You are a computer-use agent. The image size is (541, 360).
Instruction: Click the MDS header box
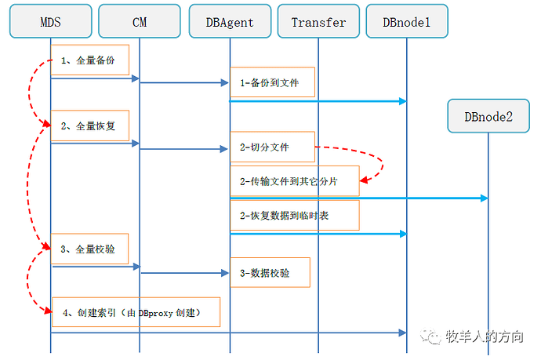pos(50,22)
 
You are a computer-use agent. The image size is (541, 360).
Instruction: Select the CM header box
pos(140,22)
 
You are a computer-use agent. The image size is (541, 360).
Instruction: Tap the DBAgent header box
pos(229,22)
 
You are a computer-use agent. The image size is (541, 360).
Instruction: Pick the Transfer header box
pos(318,22)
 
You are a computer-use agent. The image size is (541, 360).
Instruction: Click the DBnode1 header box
pos(406,22)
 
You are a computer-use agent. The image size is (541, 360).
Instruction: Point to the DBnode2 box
pos(488,116)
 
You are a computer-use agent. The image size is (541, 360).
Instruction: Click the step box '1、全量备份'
pos(89,60)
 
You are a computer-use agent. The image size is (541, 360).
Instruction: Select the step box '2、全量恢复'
pos(89,125)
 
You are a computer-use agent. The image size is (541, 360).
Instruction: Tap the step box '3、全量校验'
pos(89,249)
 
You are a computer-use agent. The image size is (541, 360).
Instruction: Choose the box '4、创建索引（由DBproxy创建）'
pos(136,312)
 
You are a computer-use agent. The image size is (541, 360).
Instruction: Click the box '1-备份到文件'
pos(272,82)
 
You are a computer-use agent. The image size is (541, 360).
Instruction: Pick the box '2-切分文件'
pos(272,147)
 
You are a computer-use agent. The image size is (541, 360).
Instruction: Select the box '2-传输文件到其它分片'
pos(294,181)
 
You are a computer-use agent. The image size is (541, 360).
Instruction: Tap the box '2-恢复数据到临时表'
pos(294,215)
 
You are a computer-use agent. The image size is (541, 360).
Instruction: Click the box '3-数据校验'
pos(270,273)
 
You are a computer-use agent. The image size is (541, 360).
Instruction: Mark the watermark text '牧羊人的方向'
pos(484,336)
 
